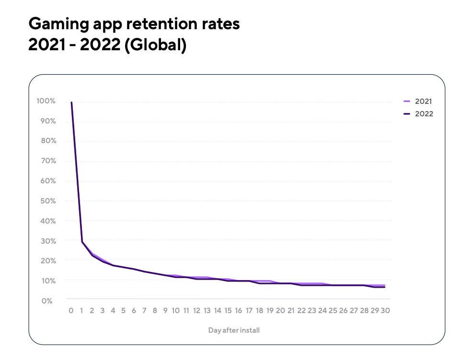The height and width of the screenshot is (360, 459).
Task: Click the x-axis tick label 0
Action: (x=71, y=310)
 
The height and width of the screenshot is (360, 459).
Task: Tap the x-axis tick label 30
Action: (x=385, y=310)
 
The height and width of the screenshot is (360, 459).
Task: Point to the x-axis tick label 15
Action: (x=228, y=310)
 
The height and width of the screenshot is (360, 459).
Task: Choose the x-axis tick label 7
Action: (x=144, y=310)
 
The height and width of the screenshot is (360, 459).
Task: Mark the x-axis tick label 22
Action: (x=301, y=310)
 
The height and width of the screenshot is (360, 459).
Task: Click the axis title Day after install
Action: (x=234, y=330)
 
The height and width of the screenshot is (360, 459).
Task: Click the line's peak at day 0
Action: (x=71, y=102)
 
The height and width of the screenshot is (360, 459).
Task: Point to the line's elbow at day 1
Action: (x=82, y=242)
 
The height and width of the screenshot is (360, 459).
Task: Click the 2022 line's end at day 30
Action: (x=385, y=287)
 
